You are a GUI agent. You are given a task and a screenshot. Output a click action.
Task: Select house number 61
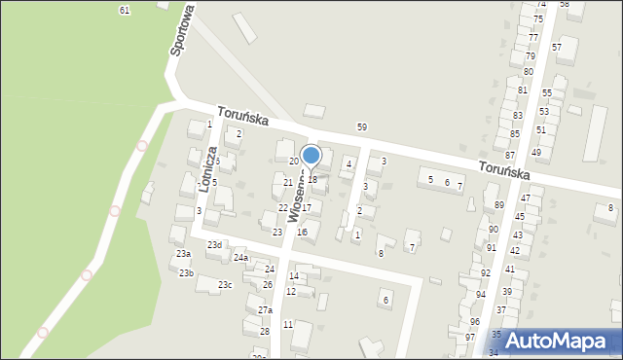[125, 10]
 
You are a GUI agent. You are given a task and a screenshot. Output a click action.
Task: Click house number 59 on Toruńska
[362, 127]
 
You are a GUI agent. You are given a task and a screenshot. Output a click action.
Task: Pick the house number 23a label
[183, 254]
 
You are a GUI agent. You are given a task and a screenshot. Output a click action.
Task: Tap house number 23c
[225, 285]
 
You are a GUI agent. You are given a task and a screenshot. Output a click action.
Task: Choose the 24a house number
[240, 258]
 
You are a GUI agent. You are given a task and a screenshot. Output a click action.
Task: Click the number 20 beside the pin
[294, 162]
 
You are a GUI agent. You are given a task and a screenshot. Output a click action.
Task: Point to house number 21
[288, 183]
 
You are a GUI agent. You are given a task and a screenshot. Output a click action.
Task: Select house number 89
[499, 205]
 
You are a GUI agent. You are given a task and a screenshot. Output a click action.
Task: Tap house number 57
[557, 48]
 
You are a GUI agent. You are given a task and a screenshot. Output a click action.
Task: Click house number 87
[510, 156]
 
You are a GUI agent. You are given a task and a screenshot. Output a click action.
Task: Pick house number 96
[475, 322]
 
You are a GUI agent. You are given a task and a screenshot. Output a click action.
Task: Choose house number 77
[533, 38]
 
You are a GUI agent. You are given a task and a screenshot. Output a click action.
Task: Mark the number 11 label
[288, 325]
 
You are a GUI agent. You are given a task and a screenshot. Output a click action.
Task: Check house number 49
[536, 153]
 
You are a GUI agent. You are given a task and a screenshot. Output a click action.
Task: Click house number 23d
[214, 245]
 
